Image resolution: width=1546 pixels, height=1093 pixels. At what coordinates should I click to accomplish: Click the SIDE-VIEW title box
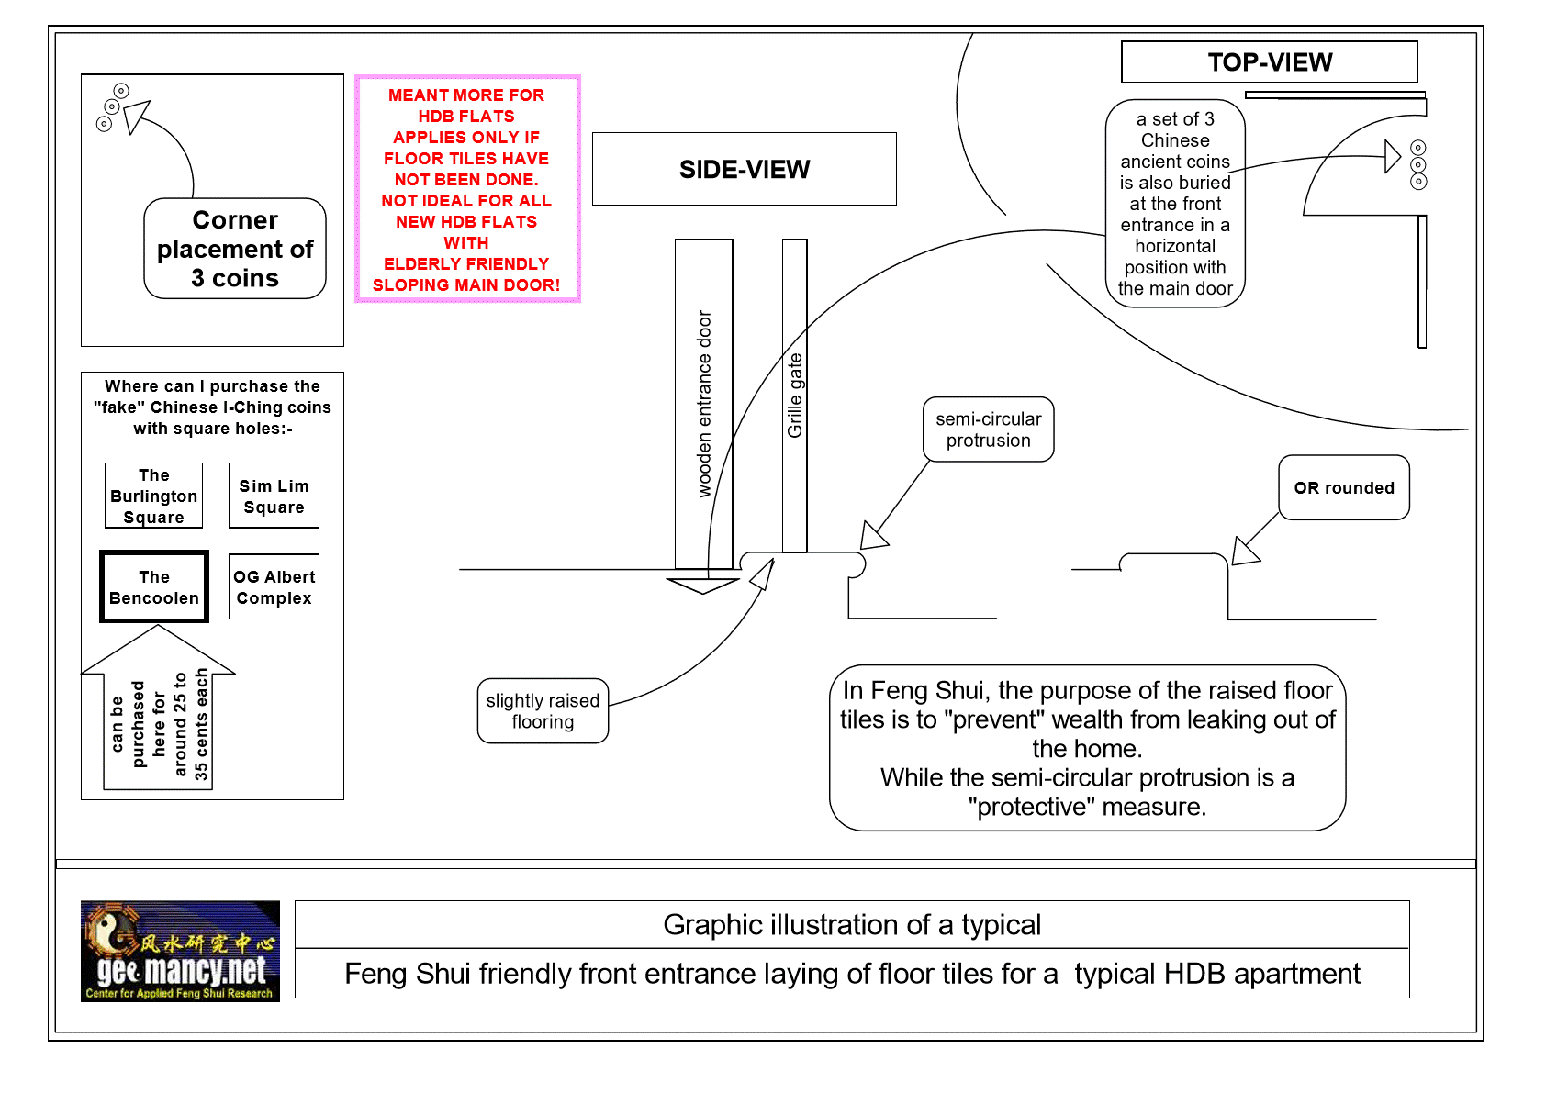click(x=744, y=169)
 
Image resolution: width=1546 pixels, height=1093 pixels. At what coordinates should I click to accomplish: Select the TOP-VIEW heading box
click(x=1269, y=62)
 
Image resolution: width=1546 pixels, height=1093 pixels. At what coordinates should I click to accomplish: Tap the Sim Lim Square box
click(x=274, y=496)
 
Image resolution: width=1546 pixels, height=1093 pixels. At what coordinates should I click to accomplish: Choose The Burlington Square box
click(x=153, y=496)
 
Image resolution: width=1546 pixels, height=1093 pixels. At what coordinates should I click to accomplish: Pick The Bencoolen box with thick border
click(x=154, y=587)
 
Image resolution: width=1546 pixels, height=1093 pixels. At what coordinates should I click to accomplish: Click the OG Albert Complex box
click(x=274, y=587)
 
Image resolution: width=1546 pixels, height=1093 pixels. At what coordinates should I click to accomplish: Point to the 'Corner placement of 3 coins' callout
click(x=235, y=249)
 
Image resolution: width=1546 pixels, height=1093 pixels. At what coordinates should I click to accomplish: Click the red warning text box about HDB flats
click(x=466, y=189)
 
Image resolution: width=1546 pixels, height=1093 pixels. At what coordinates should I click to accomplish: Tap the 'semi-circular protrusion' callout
click(x=988, y=429)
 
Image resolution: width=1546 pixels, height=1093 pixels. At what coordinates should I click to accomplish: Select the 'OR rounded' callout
click(x=1343, y=487)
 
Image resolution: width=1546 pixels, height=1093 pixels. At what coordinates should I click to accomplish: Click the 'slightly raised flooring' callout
click(x=543, y=711)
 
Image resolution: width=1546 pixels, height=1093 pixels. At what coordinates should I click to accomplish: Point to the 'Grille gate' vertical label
click(x=795, y=395)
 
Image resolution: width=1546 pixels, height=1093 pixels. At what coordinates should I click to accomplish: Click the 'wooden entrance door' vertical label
click(x=704, y=404)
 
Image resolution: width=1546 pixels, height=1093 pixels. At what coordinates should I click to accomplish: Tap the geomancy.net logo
click(x=180, y=951)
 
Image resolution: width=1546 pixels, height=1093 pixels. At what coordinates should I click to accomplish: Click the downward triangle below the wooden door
click(x=702, y=585)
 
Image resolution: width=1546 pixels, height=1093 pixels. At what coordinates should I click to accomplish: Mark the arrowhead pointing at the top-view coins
click(x=1393, y=156)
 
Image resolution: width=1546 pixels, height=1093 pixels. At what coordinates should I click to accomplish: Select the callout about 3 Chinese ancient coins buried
click(x=1175, y=203)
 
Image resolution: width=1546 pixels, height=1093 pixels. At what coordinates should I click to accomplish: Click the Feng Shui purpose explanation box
click(x=1087, y=748)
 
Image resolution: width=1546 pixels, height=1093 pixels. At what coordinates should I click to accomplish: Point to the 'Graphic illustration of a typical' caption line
click(x=852, y=924)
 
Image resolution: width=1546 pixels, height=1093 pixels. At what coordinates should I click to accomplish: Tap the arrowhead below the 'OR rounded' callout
click(x=1245, y=552)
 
